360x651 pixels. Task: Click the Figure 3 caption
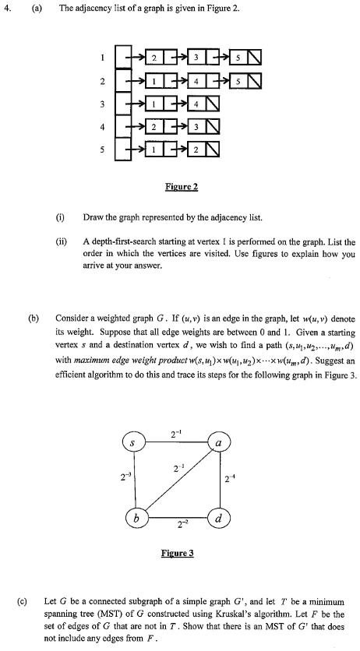pos(178,554)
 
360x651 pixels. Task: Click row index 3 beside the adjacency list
pos(101,104)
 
